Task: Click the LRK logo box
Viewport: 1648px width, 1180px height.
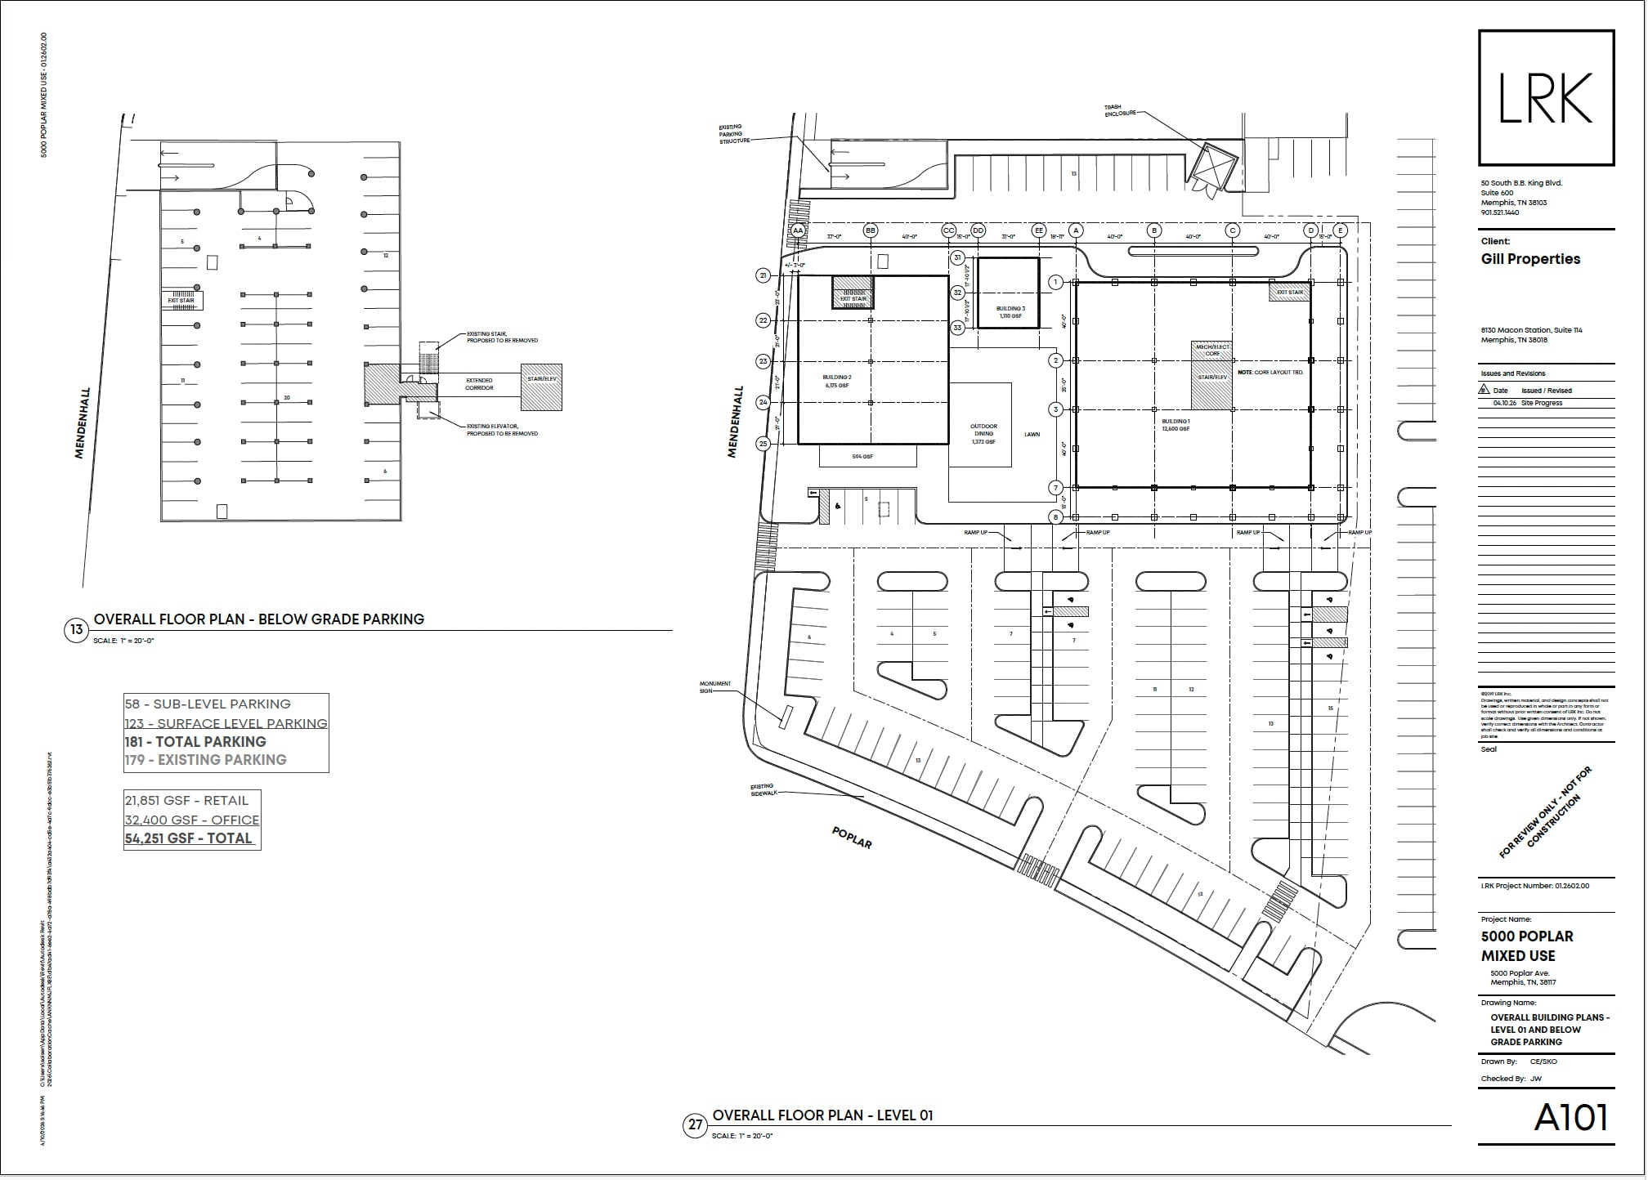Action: [x=1546, y=98]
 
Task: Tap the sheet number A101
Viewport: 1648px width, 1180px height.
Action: [x=1570, y=1118]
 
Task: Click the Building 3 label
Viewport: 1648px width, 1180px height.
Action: [x=1010, y=312]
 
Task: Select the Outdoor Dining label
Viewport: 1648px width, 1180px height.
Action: [x=983, y=434]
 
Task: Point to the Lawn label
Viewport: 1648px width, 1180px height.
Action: [x=1032, y=435]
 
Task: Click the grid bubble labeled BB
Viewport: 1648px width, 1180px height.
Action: [x=871, y=231]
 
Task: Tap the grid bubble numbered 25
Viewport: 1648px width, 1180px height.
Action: [x=764, y=445]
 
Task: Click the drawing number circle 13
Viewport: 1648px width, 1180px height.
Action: [x=76, y=630]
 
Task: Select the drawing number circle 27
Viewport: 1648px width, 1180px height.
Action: [x=695, y=1125]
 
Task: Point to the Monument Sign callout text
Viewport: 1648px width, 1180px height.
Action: [x=714, y=687]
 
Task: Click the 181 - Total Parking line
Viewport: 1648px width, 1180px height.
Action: [x=195, y=742]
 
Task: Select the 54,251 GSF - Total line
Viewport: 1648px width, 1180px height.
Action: [x=189, y=838]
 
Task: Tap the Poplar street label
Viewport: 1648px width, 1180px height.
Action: [x=852, y=838]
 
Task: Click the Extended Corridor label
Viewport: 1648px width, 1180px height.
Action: [x=479, y=384]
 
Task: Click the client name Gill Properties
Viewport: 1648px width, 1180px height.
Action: [x=1530, y=259]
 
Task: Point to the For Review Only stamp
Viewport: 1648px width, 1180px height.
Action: [x=1545, y=812]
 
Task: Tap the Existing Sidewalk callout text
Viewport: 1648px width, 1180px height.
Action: [x=762, y=790]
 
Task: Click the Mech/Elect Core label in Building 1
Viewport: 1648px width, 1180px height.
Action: [x=1212, y=350]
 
